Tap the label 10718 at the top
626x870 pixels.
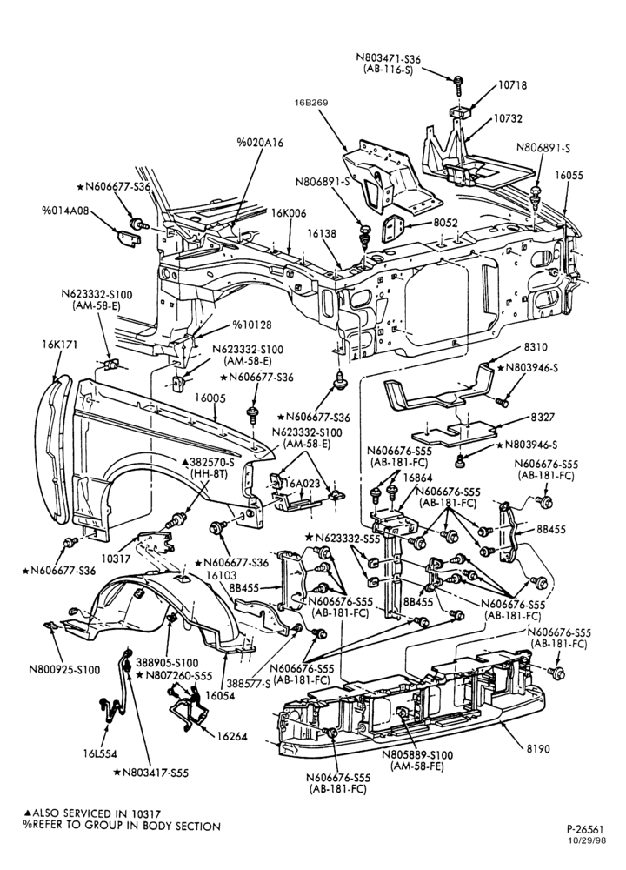[x=512, y=85]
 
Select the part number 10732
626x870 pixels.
[x=508, y=118]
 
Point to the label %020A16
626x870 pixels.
[x=260, y=143]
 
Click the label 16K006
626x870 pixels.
[x=289, y=214]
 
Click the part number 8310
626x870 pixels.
[x=535, y=347]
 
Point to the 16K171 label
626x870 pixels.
[x=59, y=345]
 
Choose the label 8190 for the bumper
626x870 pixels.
[x=538, y=749]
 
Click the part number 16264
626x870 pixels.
[x=232, y=737]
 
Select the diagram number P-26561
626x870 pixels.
[x=585, y=829]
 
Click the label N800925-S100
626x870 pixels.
[x=64, y=670]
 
